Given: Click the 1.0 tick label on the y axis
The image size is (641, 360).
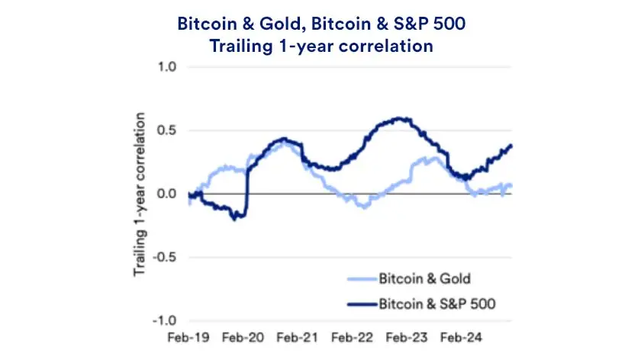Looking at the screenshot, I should [166, 67].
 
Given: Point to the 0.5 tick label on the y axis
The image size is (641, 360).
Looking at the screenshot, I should [166, 130].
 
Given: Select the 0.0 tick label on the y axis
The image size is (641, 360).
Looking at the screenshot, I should [166, 194].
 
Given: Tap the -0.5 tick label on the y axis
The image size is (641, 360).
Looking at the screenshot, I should [165, 257].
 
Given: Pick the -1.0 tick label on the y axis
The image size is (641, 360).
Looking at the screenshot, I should [165, 320].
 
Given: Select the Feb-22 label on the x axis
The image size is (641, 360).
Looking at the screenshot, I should [353, 336].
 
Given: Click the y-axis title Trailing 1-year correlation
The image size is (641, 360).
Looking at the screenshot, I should [140, 194].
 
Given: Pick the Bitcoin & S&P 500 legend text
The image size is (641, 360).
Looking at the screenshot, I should [437, 304].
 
